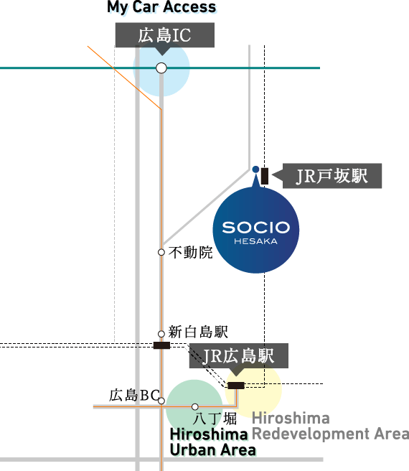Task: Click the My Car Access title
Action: (x=161, y=7)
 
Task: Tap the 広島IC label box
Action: (x=165, y=35)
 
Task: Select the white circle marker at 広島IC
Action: (x=161, y=68)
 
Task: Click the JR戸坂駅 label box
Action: (x=332, y=176)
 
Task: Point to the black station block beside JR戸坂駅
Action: (x=265, y=176)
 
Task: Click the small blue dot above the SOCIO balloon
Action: (x=255, y=169)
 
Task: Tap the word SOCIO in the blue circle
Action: (x=256, y=228)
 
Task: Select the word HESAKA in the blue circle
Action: (x=256, y=241)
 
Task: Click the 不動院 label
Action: (x=191, y=252)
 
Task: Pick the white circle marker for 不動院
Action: (x=161, y=252)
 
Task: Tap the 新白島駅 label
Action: (x=198, y=332)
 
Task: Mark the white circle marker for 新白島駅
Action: (x=161, y=334)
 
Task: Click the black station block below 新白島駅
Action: (x=161, y=345)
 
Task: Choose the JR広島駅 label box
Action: (x=239, y=356)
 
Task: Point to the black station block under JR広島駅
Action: (x=236, y=386)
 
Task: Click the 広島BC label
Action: (x=134, y=396)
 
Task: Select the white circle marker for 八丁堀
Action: (x=195, y=406)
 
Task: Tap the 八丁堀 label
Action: (x=215, y=419)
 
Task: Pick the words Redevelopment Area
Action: (x=331, y=434)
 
